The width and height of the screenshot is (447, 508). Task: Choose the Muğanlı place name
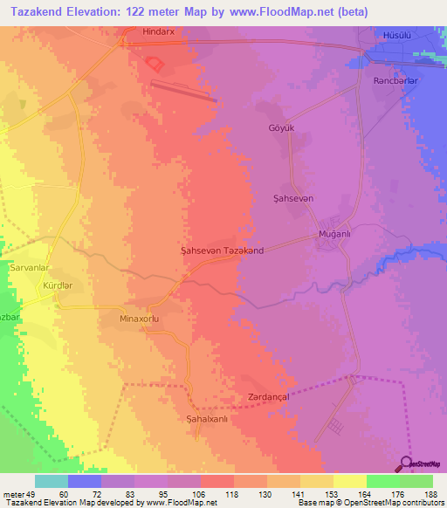pos(334,235)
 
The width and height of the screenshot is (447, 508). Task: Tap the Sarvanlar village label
pos(31,268)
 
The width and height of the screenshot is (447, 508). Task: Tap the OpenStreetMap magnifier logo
pos(407,463)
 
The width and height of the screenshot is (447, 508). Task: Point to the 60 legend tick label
pos(68,494)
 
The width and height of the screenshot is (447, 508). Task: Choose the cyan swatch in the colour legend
pos(52,481)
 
